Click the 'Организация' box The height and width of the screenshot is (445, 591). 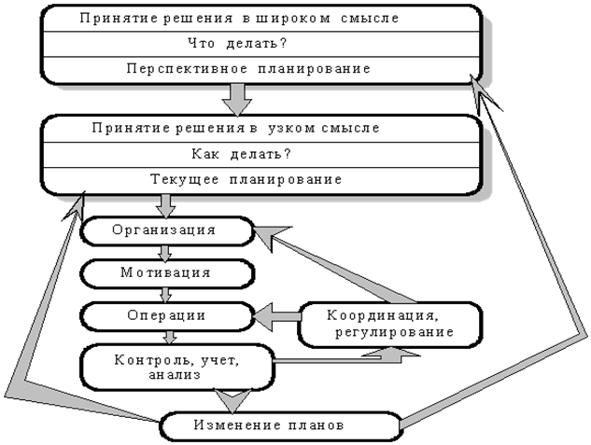[164, 229]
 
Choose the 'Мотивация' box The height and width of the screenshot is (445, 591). [165, 273]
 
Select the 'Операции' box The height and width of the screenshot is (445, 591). [166, 315]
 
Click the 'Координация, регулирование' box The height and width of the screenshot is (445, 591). [389, 323]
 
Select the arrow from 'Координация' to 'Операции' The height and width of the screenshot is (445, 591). [276, 315]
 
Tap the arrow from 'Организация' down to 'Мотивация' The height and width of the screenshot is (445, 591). [166, 252]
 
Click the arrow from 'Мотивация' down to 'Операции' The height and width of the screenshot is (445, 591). [166, 295]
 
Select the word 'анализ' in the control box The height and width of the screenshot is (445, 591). [176, 375]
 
